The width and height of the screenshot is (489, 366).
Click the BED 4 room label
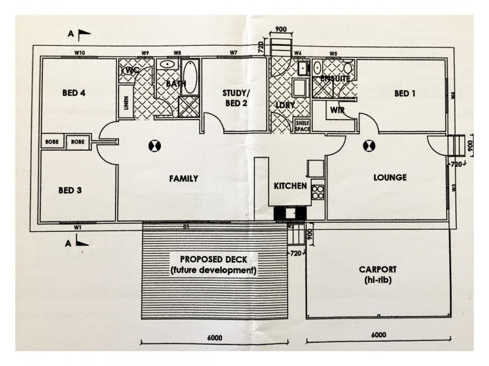[x=73, y=93]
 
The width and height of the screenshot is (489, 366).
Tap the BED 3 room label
[x=71, y=190]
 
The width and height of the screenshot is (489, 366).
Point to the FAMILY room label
[x=183, y=179]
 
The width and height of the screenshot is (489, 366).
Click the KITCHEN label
[x=289, y=185]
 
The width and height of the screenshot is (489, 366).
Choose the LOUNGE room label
[x=390, y=178]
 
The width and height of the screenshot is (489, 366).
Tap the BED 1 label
[x=405, y=93]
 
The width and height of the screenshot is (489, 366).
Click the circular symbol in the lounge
[x=370, y=145]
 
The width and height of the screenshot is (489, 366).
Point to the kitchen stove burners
[x=318, y=192]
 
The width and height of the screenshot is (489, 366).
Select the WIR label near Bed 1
[x=336, y=110]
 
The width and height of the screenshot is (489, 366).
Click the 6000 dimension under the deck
[x=214, y=338]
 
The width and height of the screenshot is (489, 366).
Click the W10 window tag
[x=79, y=52]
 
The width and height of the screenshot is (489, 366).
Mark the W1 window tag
[x=78, y=227]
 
